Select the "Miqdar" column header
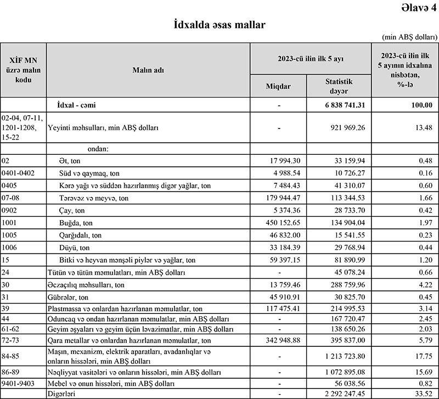(x=278, y=86)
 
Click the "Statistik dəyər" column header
(x=338, y=86)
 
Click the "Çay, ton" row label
(x=72, y=210)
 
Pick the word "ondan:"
(x=98, y=148)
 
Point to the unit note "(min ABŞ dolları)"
(x=408, y=37)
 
